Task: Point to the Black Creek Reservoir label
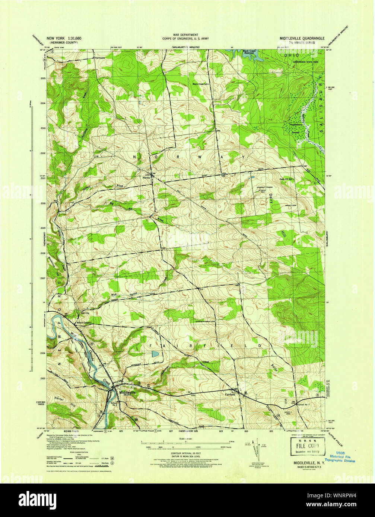click(250, 52)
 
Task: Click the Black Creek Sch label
click(201, 84)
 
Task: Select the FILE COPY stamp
click(305, 446)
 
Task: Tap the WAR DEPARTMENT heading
click(182, 34)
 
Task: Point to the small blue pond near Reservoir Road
click(155, 354)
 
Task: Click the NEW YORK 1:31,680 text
click(63, 38)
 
